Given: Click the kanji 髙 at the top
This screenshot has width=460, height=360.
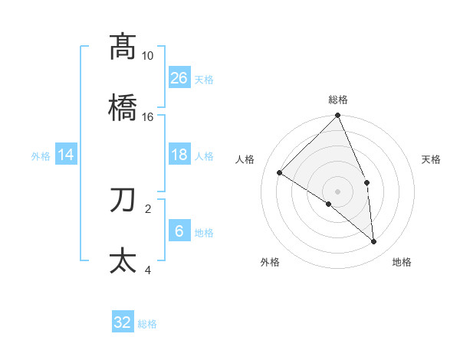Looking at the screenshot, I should click(x=123, y=47).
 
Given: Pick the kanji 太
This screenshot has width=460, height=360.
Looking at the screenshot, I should click(x=123, y=260).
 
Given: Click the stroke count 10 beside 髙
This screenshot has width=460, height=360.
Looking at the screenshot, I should click(x=148, y=56).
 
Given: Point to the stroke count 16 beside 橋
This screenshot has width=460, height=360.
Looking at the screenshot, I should click(x=148, y=117).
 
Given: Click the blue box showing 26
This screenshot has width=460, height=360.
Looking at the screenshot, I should click(x=179, y=77).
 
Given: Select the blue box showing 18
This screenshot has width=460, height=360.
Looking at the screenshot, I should click(x=179, y=155).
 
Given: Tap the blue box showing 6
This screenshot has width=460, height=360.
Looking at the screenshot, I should click(x=179, y=231).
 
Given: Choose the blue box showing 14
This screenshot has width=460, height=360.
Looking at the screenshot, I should click(x=66, y=155).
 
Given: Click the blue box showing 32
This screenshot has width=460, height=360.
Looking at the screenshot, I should click(x=123, y=322).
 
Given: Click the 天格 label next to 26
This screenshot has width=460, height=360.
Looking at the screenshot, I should click(x=204, y=79).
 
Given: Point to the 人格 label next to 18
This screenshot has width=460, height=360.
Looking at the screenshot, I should click(x=204, y=155).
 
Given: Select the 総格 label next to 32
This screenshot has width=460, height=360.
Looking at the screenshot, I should click(x=147, y=324).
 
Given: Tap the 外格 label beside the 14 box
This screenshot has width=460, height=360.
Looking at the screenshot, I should click(x=41, y=155).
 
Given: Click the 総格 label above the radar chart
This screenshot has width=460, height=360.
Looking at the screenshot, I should click(x=338, y=100).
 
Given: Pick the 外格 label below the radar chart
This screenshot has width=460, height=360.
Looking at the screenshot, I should click(x=270, y=263).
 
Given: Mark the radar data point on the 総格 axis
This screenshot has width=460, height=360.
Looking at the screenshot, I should click(x=338, y=116).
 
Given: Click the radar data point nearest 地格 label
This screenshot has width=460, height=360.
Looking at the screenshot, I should click(x=373, y=241).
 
